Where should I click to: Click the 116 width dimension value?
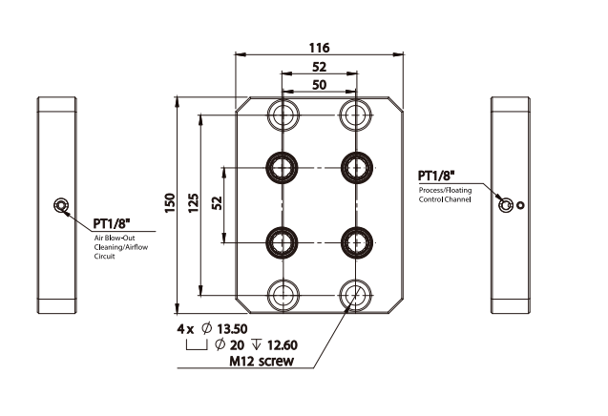[320, 47]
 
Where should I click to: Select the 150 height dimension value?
[170, 203]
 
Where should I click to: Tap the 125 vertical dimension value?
[193, 203]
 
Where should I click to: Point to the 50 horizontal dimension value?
[320, 85]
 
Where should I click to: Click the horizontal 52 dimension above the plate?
[320, 67]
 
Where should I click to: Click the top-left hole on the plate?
[283, 115]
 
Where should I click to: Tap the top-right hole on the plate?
[356, 115]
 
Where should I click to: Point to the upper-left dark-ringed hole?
[283, 167]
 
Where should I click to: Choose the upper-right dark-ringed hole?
[356, 167]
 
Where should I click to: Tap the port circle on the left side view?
[61, 205]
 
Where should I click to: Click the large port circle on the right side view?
[506, 203]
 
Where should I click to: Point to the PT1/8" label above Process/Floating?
[436, 176]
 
